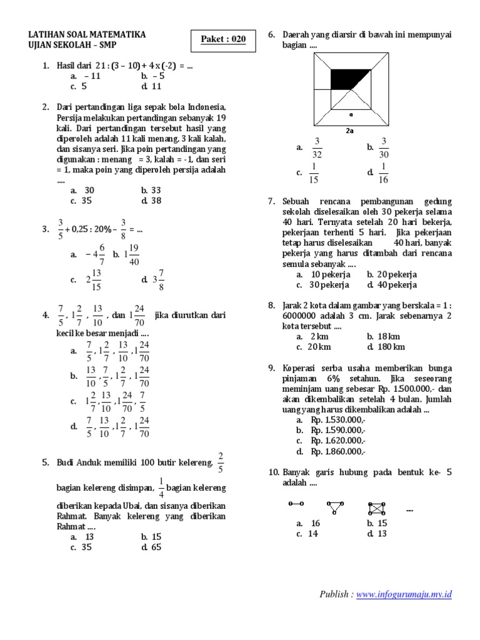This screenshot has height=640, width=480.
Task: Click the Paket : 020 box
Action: (223, 39)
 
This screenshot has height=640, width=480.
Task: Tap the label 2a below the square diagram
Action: (351, 131)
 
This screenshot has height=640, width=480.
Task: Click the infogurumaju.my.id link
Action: (404, 594)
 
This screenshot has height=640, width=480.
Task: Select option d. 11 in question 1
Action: (152, 86)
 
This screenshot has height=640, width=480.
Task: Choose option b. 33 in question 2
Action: (152, 190)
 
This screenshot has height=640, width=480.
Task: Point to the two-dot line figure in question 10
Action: (296, 504)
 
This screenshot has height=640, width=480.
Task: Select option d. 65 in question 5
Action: (152, 547)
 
